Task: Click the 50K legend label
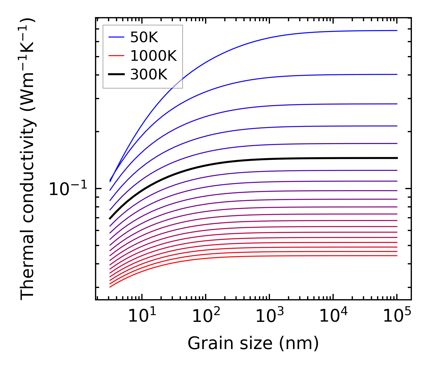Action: point(144,37)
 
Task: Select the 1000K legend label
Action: point(153,56)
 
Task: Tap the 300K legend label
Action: point(149,75)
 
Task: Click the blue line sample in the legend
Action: point(116,37)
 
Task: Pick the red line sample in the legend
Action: point(116,56)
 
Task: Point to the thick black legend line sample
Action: point(116,75)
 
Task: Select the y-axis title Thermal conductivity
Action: point(28,159)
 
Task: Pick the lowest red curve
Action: point(236,256)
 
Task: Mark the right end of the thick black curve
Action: point(397,158)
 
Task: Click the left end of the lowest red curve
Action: point(110,287)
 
